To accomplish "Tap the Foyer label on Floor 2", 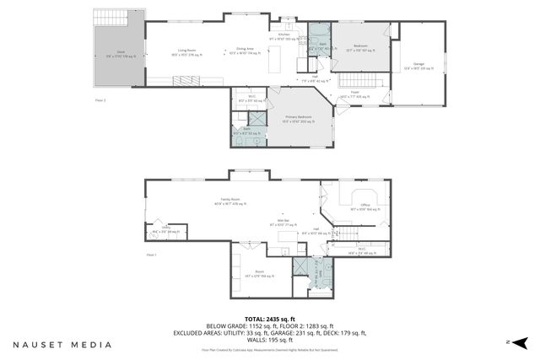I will coord(355,94).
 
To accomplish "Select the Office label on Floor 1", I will coord(365,206).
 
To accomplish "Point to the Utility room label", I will coord(166,228).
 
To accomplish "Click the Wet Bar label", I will coord(274,222).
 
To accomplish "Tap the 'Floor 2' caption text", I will coord(100,99).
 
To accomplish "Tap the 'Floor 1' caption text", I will coord(151,254).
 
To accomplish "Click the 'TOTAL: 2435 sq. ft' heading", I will coord(270,318).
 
